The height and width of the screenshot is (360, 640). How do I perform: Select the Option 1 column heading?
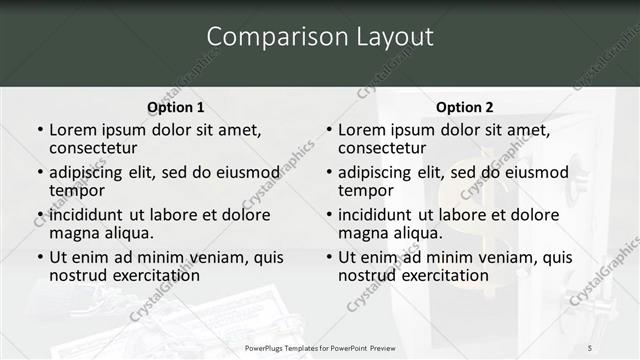pyautogui.click(x=175, y=107)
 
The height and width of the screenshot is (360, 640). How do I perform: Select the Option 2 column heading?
pyautogui.click(x=464, y=107)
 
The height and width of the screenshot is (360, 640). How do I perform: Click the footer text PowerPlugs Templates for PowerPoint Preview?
pyautogui.click(x=320, y=347)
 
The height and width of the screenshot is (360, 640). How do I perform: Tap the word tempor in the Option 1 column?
pyautogui.click(x=77, y=190)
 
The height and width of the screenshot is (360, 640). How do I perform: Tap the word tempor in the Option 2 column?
pyautogui.click(x=366, y=190)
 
